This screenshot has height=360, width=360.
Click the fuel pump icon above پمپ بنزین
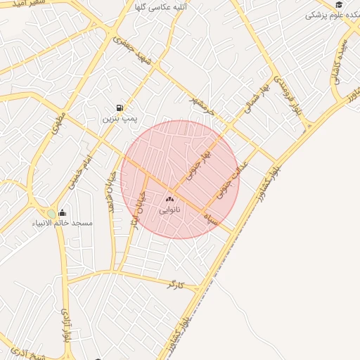[120, 108]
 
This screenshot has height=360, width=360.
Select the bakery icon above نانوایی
[169, 199]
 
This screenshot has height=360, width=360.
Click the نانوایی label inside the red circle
[169, 210]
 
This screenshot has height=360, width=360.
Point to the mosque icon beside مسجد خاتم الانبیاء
[62, 213]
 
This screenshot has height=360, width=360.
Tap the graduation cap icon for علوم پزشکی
[339, 4]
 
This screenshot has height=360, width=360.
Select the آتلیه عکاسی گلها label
[163, 7]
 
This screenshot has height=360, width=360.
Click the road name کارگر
[175, 285]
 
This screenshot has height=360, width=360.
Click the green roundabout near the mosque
[51, 214]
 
